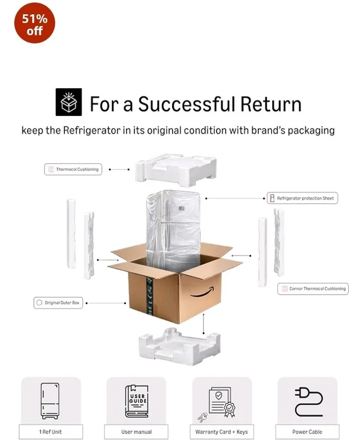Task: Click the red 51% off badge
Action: pos(34,23)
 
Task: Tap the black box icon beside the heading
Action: pos(69,102)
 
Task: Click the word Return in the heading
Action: pos(271,104)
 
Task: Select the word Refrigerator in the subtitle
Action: pos(92,130)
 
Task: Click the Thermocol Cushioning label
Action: pos(73,169)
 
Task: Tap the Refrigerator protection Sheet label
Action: pos(303,198)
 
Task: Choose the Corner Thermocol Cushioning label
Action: pos(313,289)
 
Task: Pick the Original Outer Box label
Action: pos(58,302)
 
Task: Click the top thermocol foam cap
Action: pos(175,170)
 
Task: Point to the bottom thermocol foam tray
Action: pos(179,347)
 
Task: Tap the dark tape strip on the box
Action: pos(150,296)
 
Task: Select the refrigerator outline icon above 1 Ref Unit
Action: pos(50,401)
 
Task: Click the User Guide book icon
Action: pos(137,401)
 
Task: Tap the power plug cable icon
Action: pos(308,401)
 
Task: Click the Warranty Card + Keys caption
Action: pos(222,432)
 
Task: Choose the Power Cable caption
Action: pos(307,432)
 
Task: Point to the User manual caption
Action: pos(136,432)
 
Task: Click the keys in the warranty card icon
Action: pos(203,417)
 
